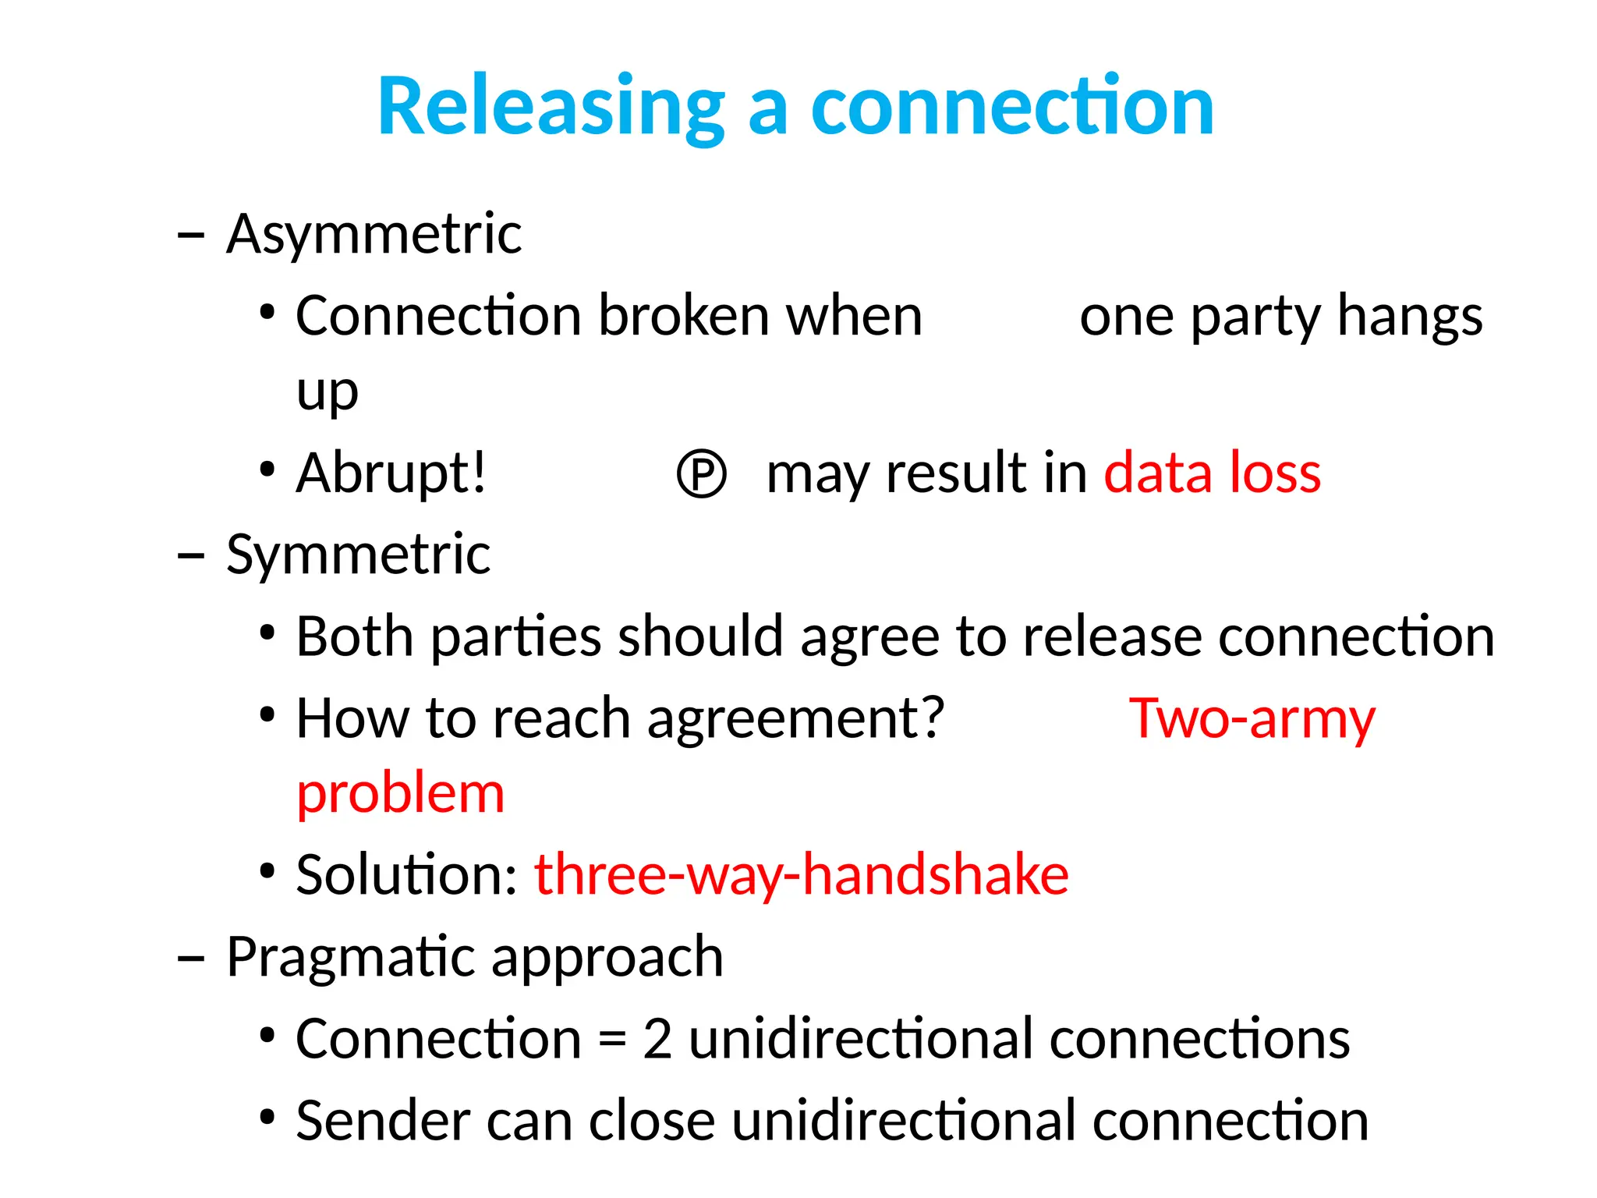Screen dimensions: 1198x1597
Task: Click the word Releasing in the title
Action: (551, 107)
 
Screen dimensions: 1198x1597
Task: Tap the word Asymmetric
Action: (374, 234)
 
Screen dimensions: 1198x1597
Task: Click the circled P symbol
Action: (701, 473)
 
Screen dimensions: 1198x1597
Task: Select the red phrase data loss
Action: (1213, 473)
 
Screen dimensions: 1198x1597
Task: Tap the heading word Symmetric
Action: (358, 555)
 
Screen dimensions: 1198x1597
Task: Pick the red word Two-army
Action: (1252, 718)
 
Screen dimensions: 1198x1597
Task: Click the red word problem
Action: (401, 794)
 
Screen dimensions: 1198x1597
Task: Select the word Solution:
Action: (407, 875)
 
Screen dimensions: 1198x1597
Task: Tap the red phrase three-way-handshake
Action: (801, 875)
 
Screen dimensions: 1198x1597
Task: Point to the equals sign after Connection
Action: (613, 1040)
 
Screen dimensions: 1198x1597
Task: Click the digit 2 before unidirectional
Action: (657, 1039)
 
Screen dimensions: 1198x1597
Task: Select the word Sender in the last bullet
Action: (383, 1121)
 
